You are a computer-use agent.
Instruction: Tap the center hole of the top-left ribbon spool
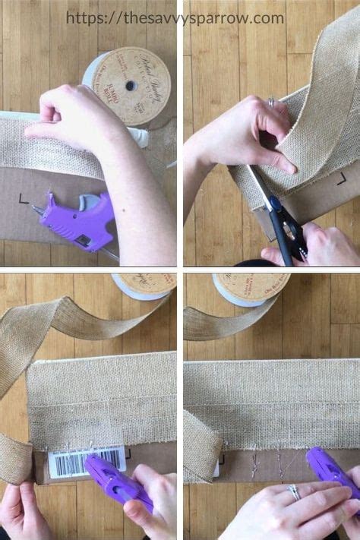click(x=131, y=85)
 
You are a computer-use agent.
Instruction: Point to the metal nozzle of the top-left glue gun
click(x=38, y=210)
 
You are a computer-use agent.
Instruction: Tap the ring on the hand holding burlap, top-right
click(x=271, y=101)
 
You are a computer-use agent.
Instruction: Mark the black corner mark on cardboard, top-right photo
click(x=342, y=178)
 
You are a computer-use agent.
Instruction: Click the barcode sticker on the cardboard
click(x=86, y=462)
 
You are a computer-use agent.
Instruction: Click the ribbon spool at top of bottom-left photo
click(x=144, y=285)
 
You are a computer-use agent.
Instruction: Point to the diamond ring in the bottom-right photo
click(x=293, y=491)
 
